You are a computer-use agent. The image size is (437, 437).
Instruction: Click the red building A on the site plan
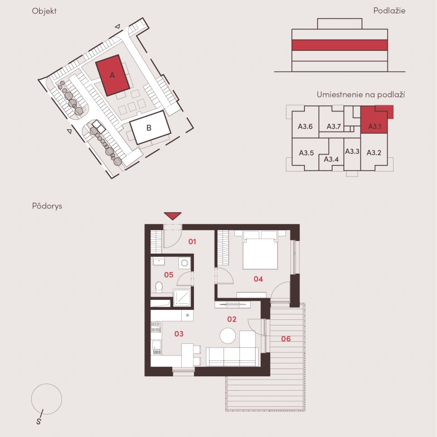point(113,75)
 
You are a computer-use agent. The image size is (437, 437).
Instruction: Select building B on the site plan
point(150,127)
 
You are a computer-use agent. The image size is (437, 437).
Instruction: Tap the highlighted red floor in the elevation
point(339,45)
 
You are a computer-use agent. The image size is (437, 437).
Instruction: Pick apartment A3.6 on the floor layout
point(305,127)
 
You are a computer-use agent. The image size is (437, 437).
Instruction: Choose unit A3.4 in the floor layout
point(331,159)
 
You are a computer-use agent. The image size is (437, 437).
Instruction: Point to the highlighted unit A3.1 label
point(375,127)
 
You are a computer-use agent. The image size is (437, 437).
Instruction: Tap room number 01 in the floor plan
point(192,242)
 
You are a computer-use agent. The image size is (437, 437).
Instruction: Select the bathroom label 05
point(168,275)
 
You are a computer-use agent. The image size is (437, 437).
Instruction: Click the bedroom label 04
point(258,279)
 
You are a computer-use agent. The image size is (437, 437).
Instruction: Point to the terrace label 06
point(286,339)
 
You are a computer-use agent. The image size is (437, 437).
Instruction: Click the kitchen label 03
point(179,333)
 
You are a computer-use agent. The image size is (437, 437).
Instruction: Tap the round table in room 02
point(227,336)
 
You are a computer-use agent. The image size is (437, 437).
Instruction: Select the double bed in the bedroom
point(260,250)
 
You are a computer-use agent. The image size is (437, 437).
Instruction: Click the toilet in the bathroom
point(159,287)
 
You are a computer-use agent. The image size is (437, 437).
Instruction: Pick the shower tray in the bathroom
point(182,298)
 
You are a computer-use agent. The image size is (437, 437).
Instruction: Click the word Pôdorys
point(47,206)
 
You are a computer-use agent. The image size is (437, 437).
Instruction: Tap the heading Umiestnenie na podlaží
point(361,95)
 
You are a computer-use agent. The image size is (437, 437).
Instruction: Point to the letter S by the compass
point(39,421)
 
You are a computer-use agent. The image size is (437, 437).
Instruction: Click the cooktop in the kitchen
point(156,327)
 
